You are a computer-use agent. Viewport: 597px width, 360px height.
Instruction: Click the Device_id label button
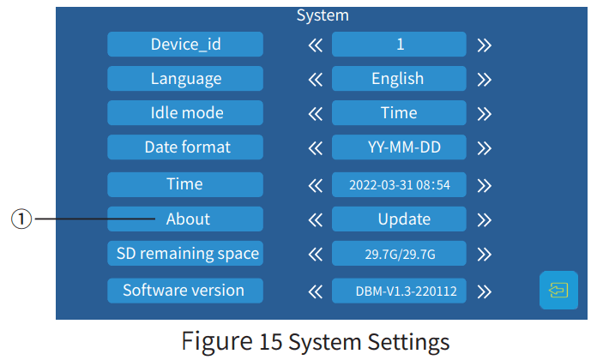185,44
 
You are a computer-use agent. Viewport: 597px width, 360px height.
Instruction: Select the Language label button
185,79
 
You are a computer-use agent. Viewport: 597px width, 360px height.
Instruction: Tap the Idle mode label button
185,113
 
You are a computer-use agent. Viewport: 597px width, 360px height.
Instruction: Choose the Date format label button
185,147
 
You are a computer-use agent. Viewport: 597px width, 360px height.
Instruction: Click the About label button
185,219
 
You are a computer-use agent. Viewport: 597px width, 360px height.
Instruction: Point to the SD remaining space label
185,254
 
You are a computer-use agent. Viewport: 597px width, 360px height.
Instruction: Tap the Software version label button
185,290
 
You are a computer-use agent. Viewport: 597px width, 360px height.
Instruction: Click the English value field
399,79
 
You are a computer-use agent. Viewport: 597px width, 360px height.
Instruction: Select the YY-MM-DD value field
399,147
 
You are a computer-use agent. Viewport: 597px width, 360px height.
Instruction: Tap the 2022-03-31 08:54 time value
399,184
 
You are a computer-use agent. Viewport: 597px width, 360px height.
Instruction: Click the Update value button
399,219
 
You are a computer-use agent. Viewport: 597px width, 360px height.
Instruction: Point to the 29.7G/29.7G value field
399,254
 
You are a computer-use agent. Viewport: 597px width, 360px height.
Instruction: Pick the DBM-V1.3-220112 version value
399,291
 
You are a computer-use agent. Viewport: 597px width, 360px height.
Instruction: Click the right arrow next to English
485,80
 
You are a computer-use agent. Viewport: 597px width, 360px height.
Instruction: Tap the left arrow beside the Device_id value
315,45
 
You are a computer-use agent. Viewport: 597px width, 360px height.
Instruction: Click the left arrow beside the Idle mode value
315,114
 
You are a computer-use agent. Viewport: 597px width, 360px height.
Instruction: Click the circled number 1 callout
21,219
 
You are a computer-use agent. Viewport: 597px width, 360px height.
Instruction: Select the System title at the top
323,15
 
